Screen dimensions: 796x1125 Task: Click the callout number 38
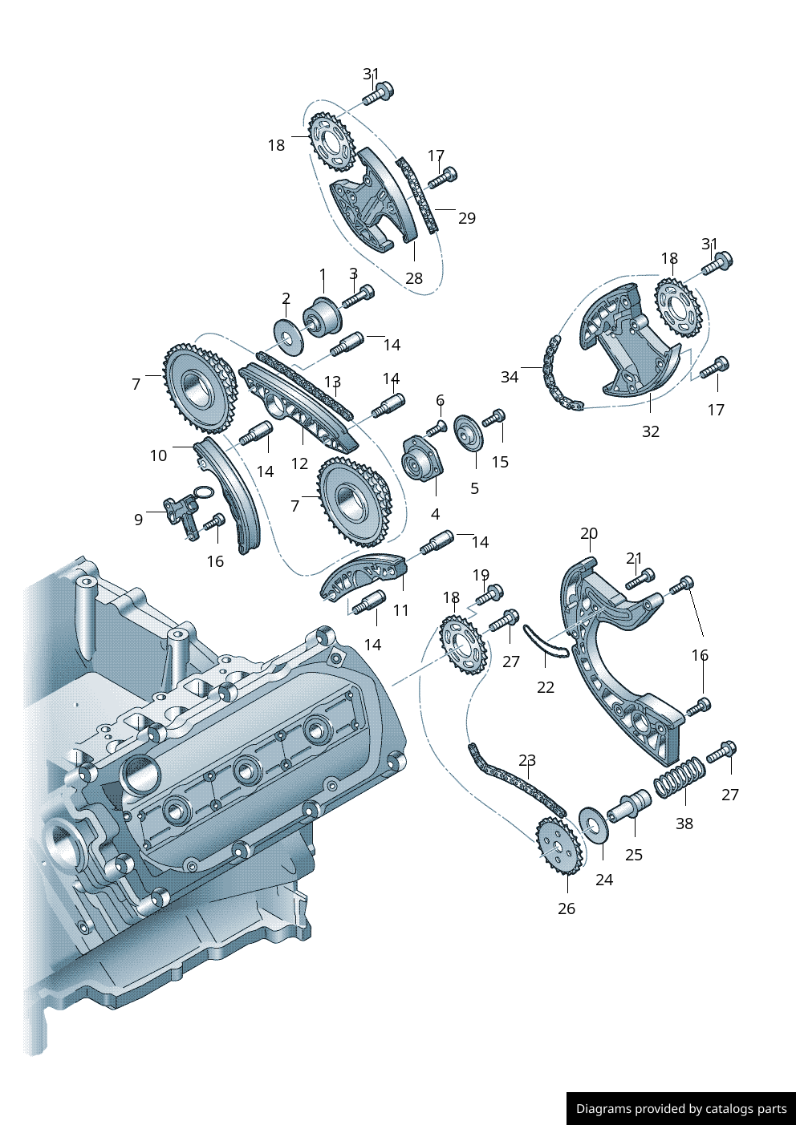pyautogui.click(x=684, y=824)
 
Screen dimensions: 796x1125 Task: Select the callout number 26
pyautogui.click(x=567, y=908)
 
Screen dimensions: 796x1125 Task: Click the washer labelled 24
pyautogui.click(x=594, y=825)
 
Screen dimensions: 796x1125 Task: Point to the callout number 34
pyautogui.click(x=510, y=377)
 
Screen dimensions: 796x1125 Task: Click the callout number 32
pyautogui.click(x=650, y=431)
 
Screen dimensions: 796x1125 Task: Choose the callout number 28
pyautogui.click(x=413, y=277)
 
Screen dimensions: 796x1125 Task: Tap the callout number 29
pyautogui.click(x=467, y=218)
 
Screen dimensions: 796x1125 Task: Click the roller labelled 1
pyautogui.click(x=322, y=319)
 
